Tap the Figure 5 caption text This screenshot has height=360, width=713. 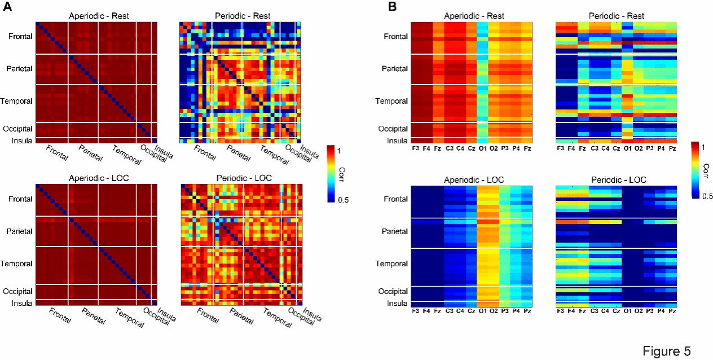coord(666,350)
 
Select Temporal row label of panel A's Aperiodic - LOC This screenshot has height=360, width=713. coord(19,264)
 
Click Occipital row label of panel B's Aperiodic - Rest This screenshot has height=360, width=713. coord(393,129)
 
